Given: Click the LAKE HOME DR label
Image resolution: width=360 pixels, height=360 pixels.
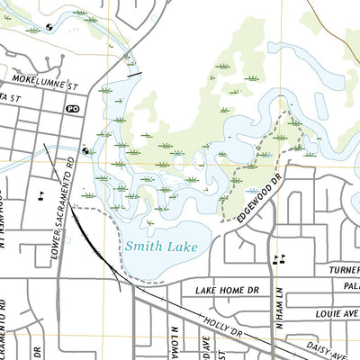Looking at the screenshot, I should [227, 291].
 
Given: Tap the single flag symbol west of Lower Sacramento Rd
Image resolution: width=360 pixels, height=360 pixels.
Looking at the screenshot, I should [40, 193].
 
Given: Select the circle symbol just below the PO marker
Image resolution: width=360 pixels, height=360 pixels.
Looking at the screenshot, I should [85, 151].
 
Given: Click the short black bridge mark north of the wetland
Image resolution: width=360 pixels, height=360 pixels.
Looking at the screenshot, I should [135, 76].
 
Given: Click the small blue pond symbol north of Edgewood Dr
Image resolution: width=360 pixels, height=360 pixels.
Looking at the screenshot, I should [248, 191].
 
